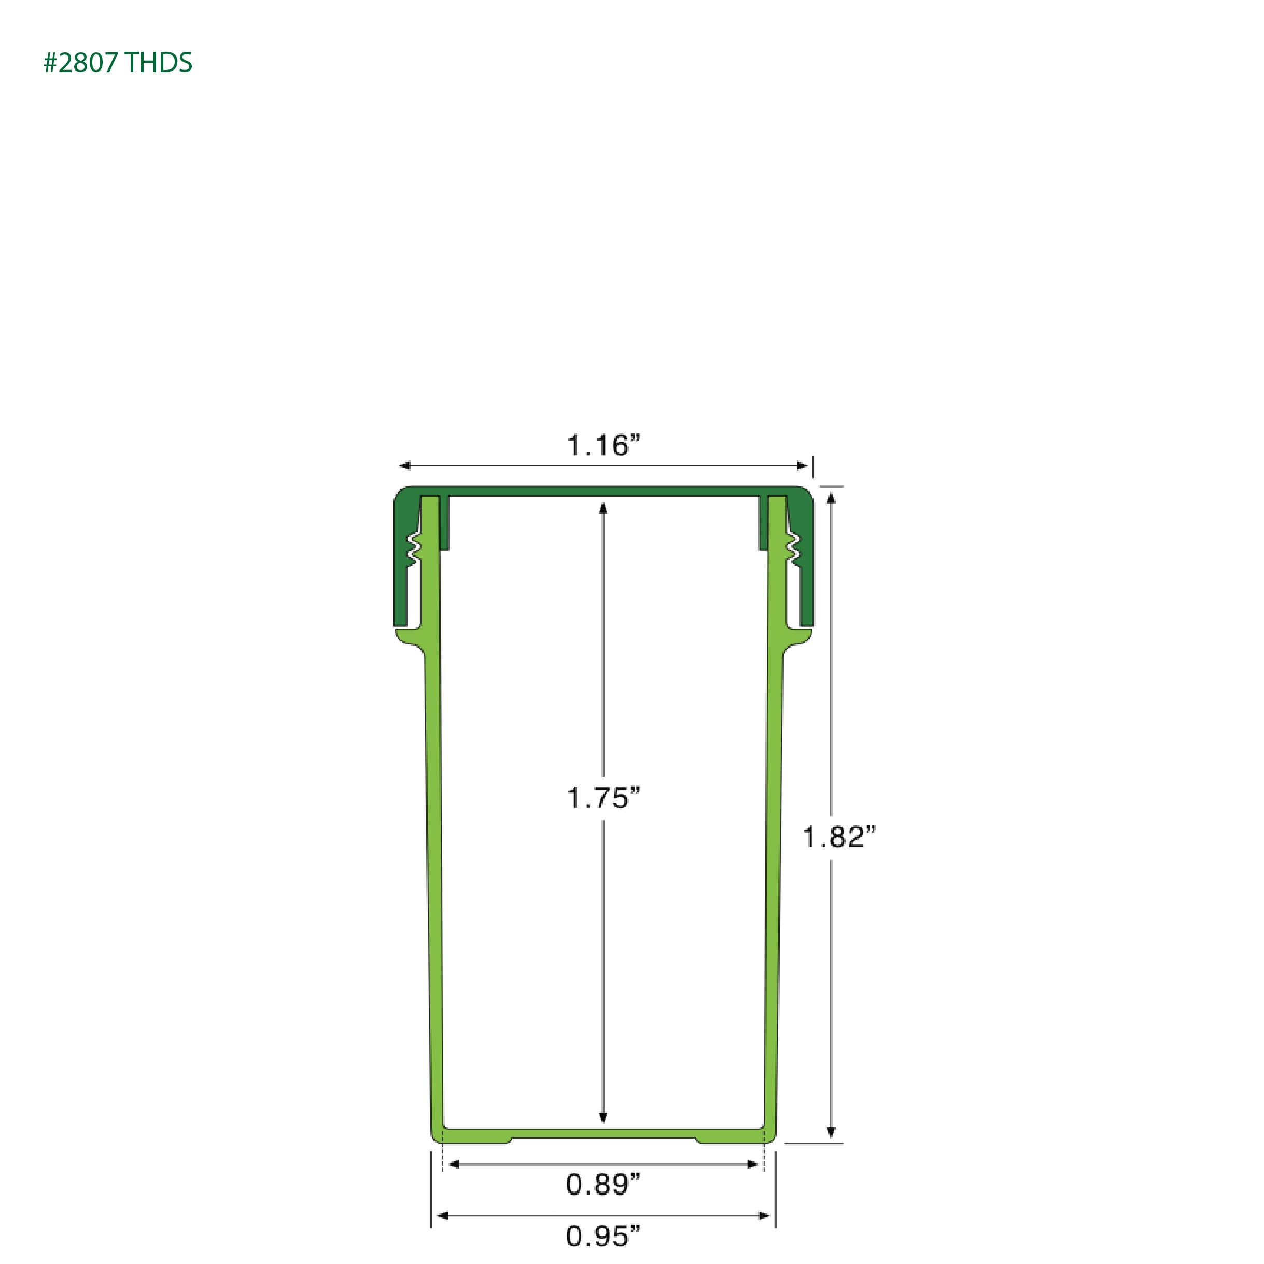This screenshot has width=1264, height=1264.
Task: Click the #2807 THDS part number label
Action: [x=118, y=63]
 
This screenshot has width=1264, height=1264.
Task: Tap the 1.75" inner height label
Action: [x=602, y=798]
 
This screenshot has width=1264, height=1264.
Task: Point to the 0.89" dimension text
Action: [x=602, y=1184]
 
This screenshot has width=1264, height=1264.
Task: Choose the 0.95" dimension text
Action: [x=602, y=1236]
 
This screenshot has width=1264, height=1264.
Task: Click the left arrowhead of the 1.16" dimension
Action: [x=405, y=466]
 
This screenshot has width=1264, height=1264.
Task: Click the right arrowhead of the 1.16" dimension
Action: [x=802, y=466]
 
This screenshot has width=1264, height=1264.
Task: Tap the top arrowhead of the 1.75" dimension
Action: [x=602, y=508]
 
